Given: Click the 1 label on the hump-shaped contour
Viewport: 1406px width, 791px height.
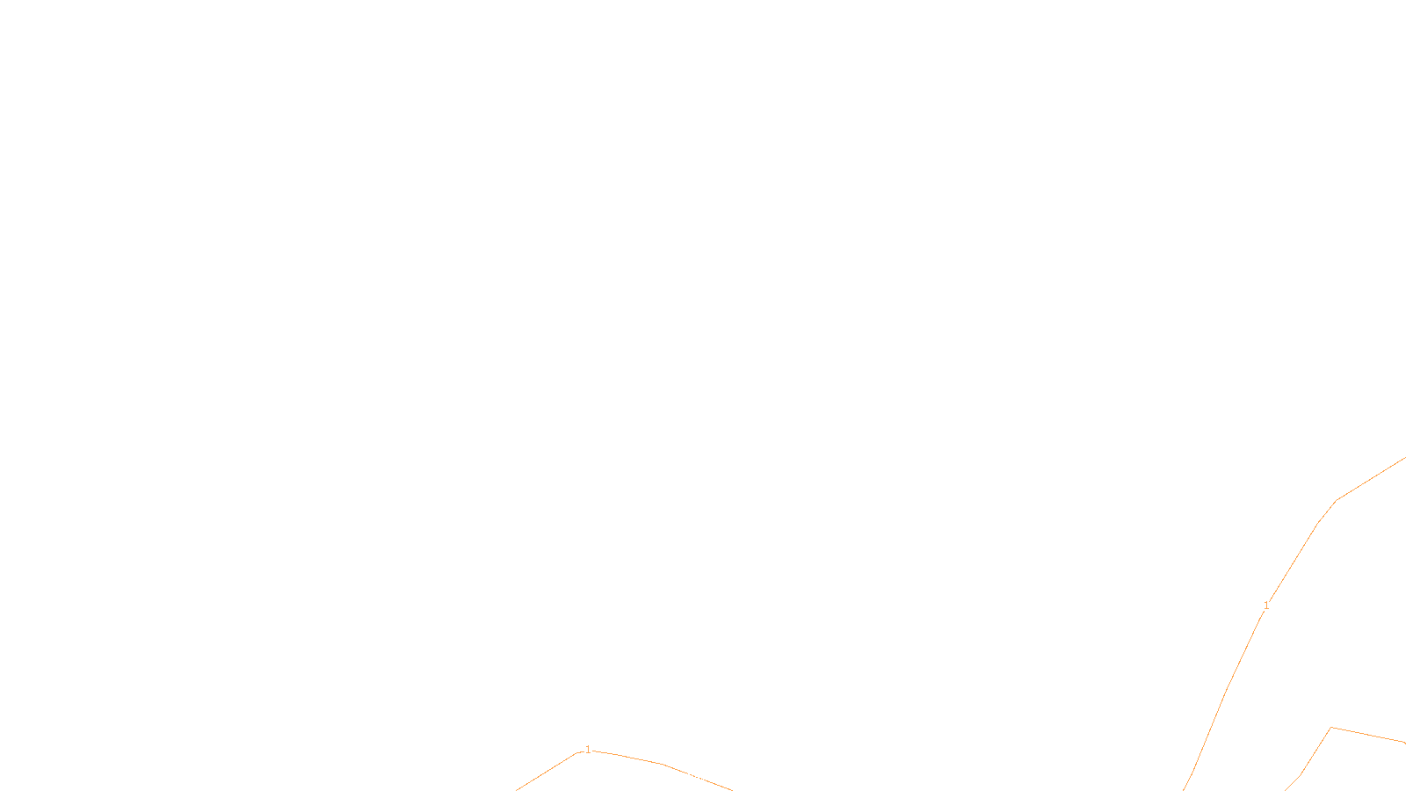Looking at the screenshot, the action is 588,750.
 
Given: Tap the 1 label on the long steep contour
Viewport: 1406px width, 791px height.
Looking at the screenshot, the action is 1266,606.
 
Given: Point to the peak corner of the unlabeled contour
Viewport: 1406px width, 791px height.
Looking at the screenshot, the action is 1330,728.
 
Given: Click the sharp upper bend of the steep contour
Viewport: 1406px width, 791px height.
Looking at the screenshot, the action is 1337,500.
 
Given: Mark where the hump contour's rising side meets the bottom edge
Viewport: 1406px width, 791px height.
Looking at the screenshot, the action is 516,790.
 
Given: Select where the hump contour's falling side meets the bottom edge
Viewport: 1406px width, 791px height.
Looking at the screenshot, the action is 733,790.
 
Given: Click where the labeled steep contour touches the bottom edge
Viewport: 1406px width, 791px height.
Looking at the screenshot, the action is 1183,790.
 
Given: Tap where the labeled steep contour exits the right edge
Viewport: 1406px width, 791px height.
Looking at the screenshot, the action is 1405,458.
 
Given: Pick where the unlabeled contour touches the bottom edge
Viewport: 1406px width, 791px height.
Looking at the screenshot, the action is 1284,790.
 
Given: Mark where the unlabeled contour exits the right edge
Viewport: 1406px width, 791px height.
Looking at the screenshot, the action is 1405,743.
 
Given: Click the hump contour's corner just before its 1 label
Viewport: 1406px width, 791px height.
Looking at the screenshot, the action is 576,752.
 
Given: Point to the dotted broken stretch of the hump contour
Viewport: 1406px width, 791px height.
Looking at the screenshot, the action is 698,777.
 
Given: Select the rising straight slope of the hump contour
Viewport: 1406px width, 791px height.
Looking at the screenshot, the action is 546,772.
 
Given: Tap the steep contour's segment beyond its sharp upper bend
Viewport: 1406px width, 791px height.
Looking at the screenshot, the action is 1371,479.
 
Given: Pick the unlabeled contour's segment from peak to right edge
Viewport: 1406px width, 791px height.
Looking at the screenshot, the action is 1368,735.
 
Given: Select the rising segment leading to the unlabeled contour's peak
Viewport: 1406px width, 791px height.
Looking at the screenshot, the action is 1315,751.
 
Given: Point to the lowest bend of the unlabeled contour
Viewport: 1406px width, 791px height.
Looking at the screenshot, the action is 1300,776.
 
